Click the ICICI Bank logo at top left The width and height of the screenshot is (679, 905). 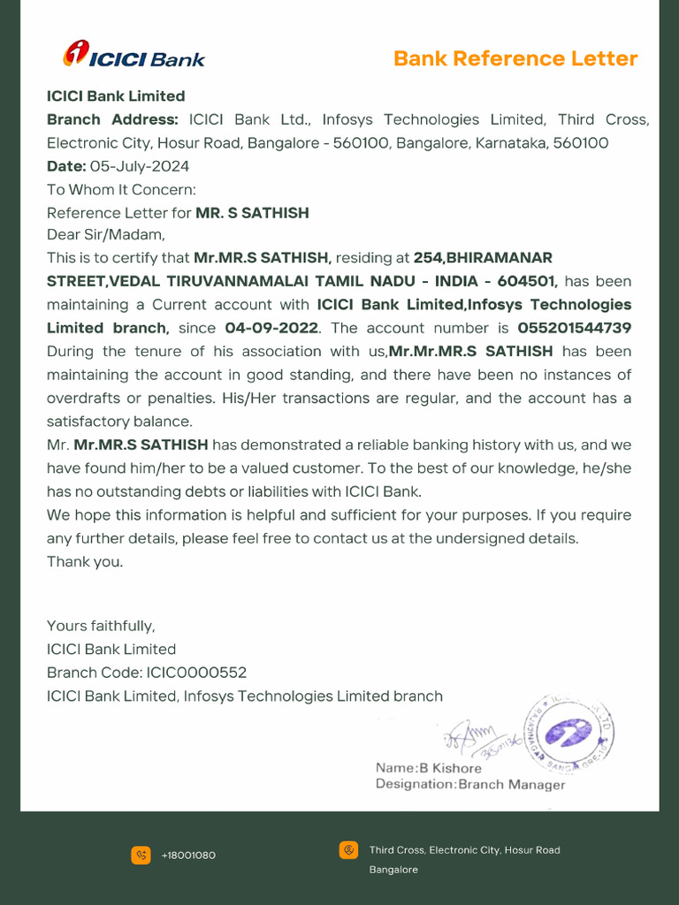click(134, 56)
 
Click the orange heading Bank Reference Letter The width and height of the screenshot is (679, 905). click(515, 59)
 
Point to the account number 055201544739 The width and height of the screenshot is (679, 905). click(574, 328)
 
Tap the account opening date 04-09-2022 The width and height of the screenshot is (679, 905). click(271, 328)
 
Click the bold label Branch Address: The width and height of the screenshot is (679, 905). click(112, 119)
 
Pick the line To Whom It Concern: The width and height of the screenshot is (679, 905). click(121, 189)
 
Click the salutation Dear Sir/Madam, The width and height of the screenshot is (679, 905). click(106, 235)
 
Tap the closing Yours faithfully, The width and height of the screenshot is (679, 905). click(101, 626)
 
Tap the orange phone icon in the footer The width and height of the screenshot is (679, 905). click(141, 855)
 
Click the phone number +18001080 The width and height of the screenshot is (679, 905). click(188, 856)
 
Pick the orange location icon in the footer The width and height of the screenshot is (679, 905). click(348, 850)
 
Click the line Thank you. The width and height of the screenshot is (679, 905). click(85, 561)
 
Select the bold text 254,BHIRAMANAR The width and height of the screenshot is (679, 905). click(483, 258)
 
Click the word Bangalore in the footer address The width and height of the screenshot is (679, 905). click(393, 870)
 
